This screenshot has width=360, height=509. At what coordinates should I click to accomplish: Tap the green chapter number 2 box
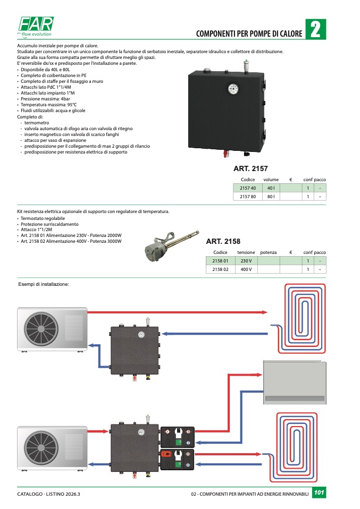click(315, 29)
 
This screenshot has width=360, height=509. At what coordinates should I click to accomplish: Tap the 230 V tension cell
click(246, 261)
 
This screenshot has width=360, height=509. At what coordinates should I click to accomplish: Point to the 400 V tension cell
click(246, 269)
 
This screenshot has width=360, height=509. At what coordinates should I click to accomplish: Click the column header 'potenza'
click(269, 252)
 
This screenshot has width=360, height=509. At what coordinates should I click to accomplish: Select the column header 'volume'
click(271, 180)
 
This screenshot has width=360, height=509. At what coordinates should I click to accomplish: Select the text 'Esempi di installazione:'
click(44, 285)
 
